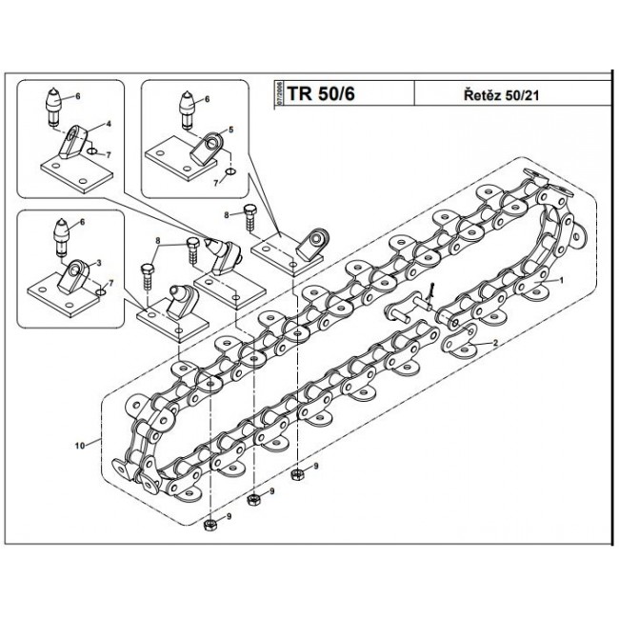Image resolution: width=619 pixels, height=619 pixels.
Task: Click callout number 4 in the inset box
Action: point(109,125)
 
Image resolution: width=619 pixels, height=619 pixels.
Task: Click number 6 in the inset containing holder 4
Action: point(78,97)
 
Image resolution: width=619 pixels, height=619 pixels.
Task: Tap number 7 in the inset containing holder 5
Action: point(216,180)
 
